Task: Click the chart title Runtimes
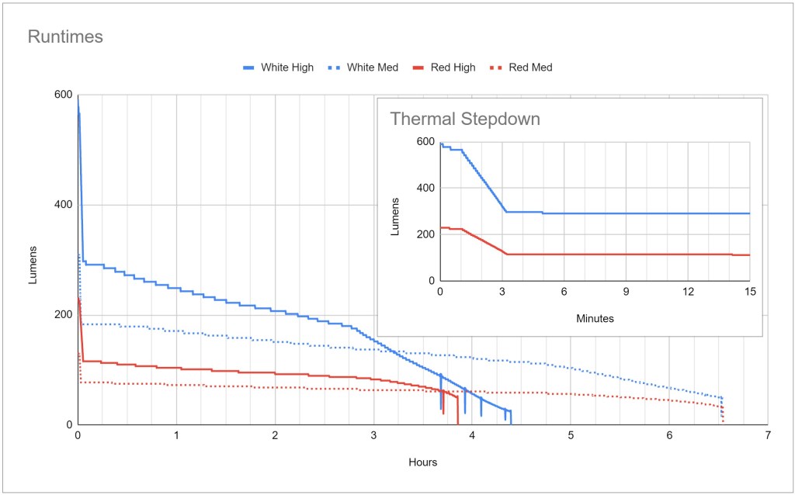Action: tap(65, 36)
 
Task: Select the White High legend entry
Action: tap(286, 67)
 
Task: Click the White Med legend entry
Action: tap(372, 67)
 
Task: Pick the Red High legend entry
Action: tap(454, 67)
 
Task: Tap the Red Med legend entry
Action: tap(530, 67)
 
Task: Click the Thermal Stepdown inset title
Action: tap(464, 119)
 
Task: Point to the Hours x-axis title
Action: tap(422, 462)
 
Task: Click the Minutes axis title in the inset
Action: tap(595, 318)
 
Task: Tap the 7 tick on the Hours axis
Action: tap(768, 435)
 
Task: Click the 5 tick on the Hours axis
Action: tap(571, 435)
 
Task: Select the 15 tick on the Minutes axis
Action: tap(750, 291)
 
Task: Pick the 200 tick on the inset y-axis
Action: tap(425, 234)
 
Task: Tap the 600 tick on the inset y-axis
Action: tap(425, 141)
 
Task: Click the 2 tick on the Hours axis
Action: tap(275, 435)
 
